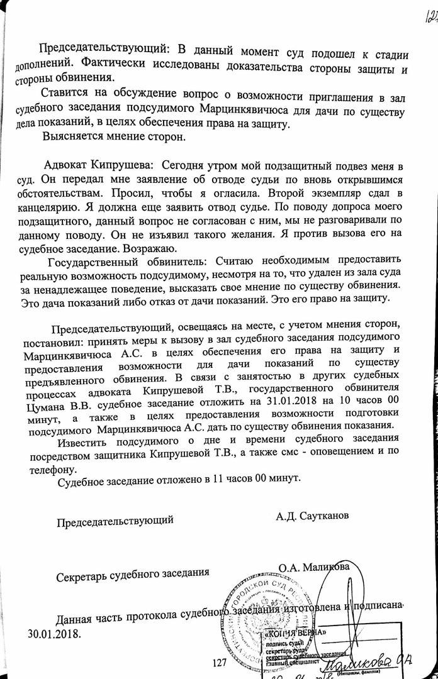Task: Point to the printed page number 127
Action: (220, 662)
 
